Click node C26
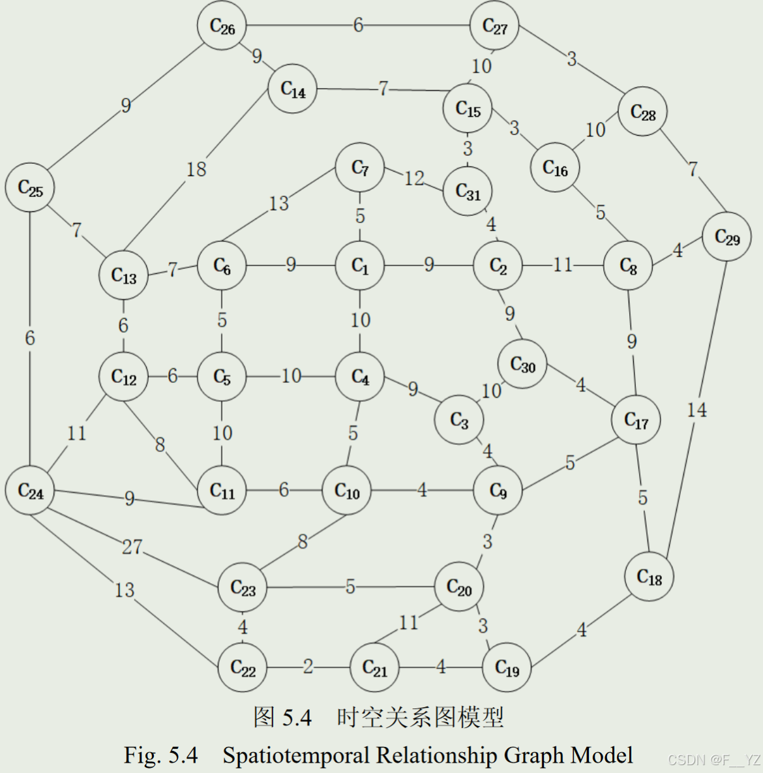222,26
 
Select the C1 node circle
360,265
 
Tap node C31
468,192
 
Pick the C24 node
30,491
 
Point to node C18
650,577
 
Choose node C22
243,668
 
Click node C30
522,364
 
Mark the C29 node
727,237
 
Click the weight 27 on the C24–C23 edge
132,547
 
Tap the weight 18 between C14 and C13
196,170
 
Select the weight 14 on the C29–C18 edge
696,410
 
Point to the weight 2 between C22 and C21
308,667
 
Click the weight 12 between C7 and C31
414,178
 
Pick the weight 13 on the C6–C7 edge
278,204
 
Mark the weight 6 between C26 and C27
358,25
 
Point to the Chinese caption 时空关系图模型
420,718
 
